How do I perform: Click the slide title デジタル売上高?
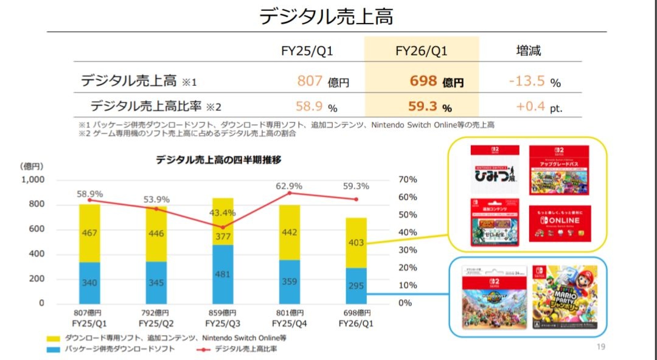326,16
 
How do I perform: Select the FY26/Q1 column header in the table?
421,50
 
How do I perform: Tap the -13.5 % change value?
534,81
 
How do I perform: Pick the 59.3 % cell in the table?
429,107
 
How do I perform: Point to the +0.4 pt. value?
538,107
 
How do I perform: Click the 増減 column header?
528,50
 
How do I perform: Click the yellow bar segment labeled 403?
356,243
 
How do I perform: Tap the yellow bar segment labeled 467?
90,233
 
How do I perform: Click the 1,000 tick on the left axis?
33,179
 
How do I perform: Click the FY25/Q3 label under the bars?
223,323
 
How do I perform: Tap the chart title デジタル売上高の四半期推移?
218,160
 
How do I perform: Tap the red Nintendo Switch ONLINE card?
560,223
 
